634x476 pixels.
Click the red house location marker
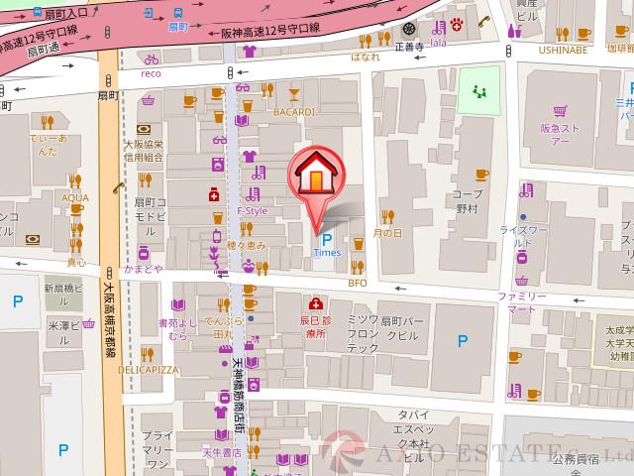tap(314, 178)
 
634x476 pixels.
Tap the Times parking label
tap(326, 253)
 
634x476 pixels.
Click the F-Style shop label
tap(252, 211)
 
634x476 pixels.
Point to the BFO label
tap(357, 283)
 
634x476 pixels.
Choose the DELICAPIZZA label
tap(148, 369)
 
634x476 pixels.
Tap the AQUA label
tap(75, 197)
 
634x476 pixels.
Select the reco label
tap(151, 73)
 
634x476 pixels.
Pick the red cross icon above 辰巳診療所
tap(315, 303)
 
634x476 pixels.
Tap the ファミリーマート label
tap(521, 302)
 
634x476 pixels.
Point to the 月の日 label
tap(387, 233)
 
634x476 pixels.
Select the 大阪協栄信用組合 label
tap(144, 150)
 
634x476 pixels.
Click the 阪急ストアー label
tap(560, 134)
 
